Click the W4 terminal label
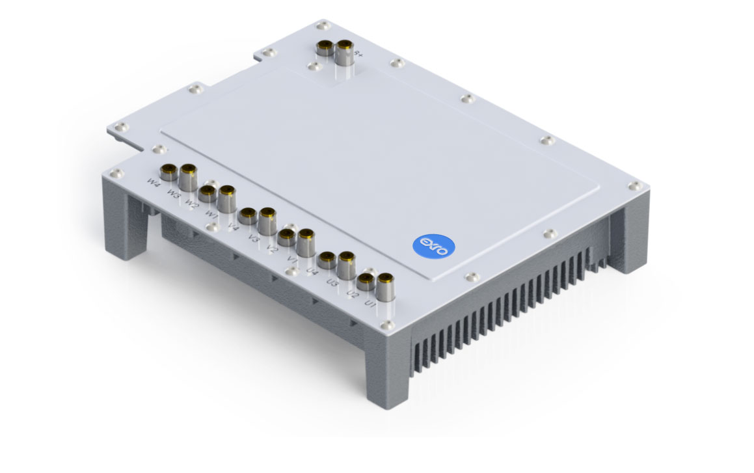tap(154, 183)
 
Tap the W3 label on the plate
tap(173, 193)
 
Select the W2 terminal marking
tap(191, 204)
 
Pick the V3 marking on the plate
tap(252, 237)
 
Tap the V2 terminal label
tap(272, 247)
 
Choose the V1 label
tap(292, 259)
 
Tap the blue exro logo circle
tap(435, 247)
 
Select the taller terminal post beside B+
tap(344, 53)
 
